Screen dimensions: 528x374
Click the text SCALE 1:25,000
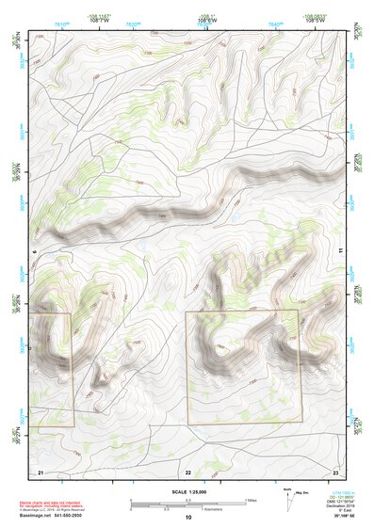point(187,492)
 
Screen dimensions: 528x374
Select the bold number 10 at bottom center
point(187,518)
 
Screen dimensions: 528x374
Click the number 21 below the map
point(41,471)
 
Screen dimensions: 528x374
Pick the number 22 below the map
point(188,471)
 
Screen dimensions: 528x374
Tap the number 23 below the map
point(335,471)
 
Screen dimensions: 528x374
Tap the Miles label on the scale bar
point(252,500)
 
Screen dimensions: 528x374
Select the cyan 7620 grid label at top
point(132,23)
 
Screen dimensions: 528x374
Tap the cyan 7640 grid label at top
point(275,23)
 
